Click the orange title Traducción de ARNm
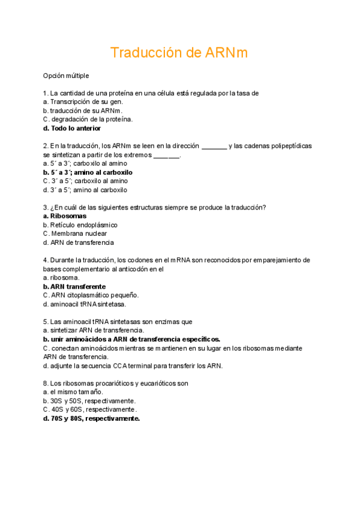point(179,53)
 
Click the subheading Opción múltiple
point(66,76)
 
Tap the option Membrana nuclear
point(75,233)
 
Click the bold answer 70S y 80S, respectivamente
point(91,418)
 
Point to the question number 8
point(46,383)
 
